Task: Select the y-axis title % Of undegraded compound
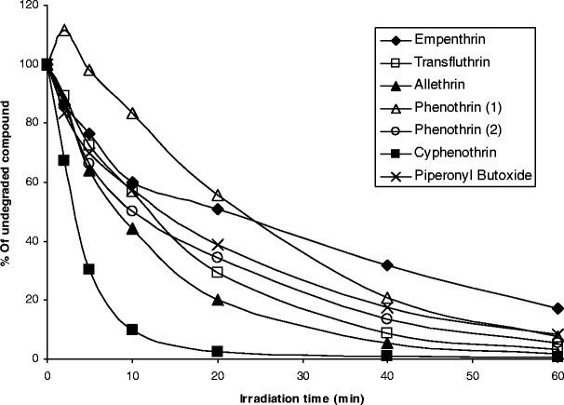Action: tap(8, 182)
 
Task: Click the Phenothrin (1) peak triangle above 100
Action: tap(64, 31)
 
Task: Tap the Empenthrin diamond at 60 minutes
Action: tap(557, 308)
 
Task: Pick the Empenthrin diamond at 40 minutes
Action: tap(387, 265)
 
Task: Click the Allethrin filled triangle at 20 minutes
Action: tap(218, 300)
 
